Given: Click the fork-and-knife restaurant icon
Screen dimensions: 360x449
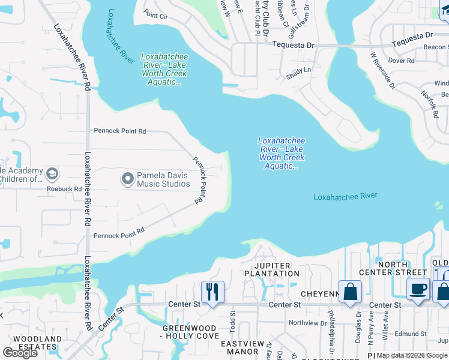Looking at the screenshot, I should pos(212,292).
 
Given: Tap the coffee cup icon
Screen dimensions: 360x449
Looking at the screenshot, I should pos(418,289).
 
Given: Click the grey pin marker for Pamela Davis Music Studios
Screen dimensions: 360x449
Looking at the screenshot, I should pos(127,179).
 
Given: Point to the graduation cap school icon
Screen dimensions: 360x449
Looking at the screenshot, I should pos(52,174).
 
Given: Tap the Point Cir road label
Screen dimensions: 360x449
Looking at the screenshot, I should pos(155,15).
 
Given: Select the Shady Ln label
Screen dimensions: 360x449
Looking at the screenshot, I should pos(299,70).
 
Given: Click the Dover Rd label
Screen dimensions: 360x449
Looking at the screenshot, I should pos(402,61).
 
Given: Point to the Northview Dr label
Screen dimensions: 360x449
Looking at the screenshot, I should pos(306,322).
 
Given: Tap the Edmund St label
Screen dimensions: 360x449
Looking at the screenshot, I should pos(411,334).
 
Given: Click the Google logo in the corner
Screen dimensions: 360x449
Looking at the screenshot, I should pos(20,352).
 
